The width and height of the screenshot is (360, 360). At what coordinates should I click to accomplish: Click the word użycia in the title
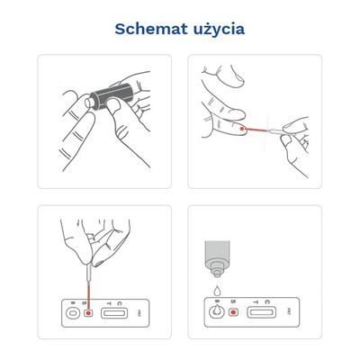[x=215, y=30]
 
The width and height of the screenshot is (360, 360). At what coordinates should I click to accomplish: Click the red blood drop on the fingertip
[x=244, y=129]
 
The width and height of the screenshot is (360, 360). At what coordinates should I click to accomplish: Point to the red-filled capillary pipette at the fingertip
[x=264, y=131]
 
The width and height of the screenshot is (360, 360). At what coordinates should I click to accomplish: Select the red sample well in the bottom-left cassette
[x=88, y=313]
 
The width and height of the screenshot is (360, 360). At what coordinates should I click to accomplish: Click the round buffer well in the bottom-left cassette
[x=72, y=313]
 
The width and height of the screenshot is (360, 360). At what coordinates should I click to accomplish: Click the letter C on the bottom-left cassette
[x=121, y=302]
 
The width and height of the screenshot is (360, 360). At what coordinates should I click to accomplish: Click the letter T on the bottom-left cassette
[x=108, y=302]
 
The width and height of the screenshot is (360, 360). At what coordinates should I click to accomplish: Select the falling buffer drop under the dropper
[x=216, y=291]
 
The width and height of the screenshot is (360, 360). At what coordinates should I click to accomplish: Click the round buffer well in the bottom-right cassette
[x=216, y=313]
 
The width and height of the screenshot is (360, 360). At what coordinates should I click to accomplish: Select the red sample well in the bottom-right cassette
[x=232, y=313]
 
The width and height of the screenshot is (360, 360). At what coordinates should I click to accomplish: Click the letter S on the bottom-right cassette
[x=232, y=302]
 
